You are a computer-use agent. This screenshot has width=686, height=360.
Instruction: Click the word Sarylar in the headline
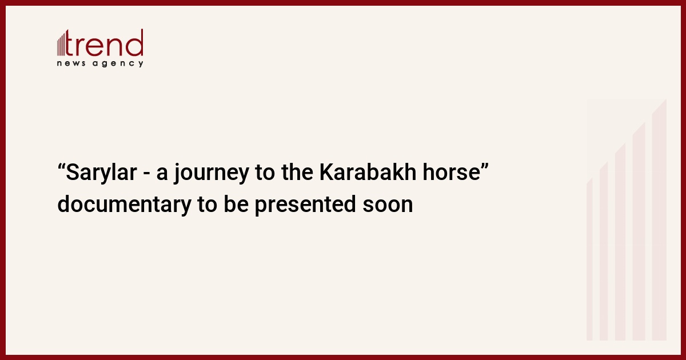click(x=101, y=173)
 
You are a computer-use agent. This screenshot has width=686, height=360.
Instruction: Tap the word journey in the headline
click(x=212, y=173)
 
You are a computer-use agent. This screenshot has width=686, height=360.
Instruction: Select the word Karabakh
click(x=368, y=172)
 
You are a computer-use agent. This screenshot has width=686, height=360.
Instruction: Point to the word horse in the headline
click(x=451, y=172)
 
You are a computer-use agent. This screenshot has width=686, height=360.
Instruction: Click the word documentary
click(x=125, y=205)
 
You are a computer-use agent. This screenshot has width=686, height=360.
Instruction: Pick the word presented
click(x=305, y=205)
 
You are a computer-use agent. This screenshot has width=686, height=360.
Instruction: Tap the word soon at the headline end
click(x=388, y=206)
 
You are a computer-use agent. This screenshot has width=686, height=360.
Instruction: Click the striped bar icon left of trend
click(x=61, y=45)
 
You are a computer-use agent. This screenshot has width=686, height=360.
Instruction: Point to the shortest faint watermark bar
click(x=589, y=259)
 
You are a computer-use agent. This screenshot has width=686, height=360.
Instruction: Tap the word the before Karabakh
click(x=297, y=172)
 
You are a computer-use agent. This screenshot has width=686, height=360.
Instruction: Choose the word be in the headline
click(x=236, y=204)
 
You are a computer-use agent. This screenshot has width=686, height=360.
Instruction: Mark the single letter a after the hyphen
click(x=162, y=174)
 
